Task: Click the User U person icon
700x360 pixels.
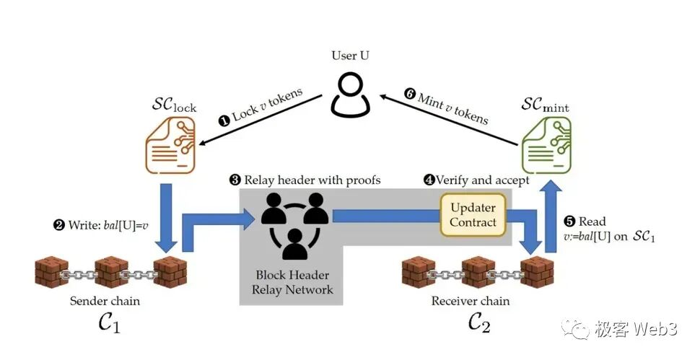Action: click(351, 95)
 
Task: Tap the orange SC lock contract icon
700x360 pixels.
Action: click(172, 145)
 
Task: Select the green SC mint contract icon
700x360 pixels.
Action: click(546, 145)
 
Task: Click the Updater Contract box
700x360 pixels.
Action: click(473, 214)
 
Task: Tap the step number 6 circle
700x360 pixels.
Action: click(411, 94)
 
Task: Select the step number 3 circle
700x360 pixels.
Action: click(235, 180)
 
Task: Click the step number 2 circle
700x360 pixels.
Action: click(58, 224)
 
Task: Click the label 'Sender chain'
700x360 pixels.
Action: click(105, 300)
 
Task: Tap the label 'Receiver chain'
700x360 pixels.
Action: click(471, 300)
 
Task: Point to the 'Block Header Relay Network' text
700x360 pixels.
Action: click(293, 282)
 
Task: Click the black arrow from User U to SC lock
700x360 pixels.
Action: click(260, 120)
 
